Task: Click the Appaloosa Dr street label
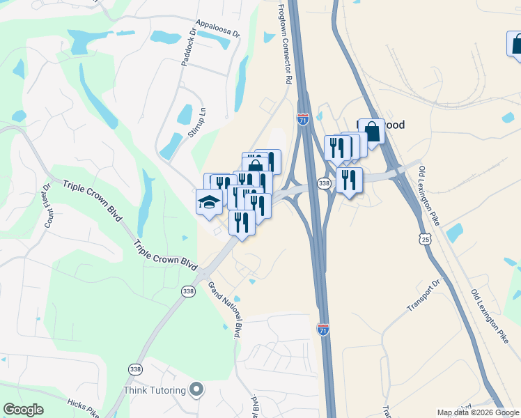217,27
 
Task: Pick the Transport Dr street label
424,296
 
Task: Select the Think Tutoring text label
155,389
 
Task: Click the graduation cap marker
209,202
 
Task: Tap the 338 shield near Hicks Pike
135,369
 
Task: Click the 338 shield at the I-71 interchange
324,183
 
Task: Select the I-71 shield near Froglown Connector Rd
303,119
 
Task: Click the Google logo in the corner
23,410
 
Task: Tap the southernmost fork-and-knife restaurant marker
242,223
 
